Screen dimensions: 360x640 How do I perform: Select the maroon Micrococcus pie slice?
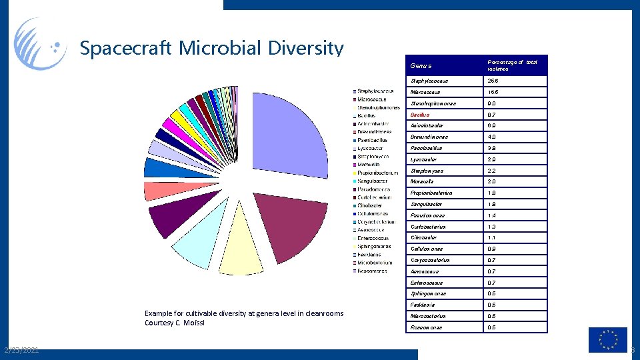click(x=280, y=227)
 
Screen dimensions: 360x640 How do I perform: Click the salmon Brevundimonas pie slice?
click(x=158, y=191)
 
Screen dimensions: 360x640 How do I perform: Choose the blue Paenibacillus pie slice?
click(x=159, y=167)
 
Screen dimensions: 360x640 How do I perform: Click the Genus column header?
click(x=421, y=66)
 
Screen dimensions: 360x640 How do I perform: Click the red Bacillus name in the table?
click(x=421, y=115)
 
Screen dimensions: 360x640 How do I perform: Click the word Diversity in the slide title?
click(x=305, y=49)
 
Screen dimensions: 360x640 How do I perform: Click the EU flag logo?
click(x=607, y=339)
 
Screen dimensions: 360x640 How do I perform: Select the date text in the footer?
click(x=20, y=350)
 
